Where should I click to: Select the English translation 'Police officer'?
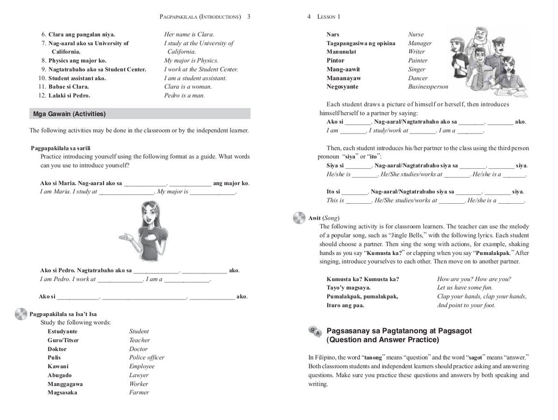(147, 357)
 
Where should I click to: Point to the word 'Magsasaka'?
(62, 392)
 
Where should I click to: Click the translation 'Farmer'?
(139, 392)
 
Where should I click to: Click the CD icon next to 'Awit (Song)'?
(299, 217)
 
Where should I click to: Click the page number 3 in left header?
(248, 17)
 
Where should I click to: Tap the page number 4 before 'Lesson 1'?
(309, 17)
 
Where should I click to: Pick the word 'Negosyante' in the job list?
(342, 87)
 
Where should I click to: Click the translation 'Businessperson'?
(428, 87)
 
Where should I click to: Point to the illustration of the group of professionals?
(482, 60)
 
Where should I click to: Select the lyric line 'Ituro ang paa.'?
(345, 305)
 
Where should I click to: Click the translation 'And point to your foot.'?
(466, 305)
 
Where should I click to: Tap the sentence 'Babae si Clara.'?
(69, 87)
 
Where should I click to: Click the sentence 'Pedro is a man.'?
(184, 95)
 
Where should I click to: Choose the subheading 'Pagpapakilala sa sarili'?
(60, 148)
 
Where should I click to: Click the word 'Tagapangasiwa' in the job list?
(350, 43)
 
